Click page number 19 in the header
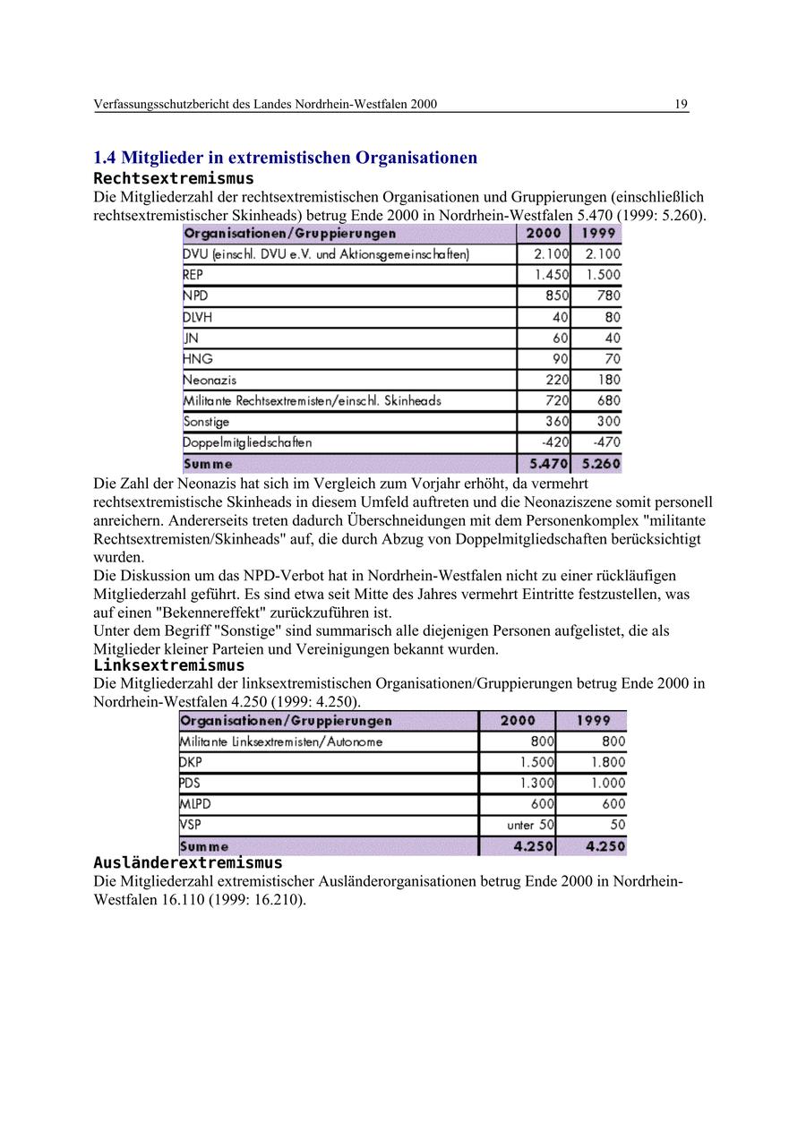[x=681, y=105]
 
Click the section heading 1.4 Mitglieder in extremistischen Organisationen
[x=285, y=158]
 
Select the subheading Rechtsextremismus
[x=174, y=178]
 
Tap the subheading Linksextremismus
[x=168, y=665]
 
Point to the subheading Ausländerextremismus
[x=188, y=863]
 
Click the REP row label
[x=193, y=275]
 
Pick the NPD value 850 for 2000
[x=557, y=296]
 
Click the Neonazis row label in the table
[x=210, y=380]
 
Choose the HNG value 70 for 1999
[x=611, y=358]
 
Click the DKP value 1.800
[x=608, y=762]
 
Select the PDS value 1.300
[x=536, y=783]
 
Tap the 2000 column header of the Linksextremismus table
[x=518, y=720]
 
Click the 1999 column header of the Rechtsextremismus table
[x=597, y=234]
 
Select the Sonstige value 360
[x=557, y=421]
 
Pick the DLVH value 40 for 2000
[x=561, y=317]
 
